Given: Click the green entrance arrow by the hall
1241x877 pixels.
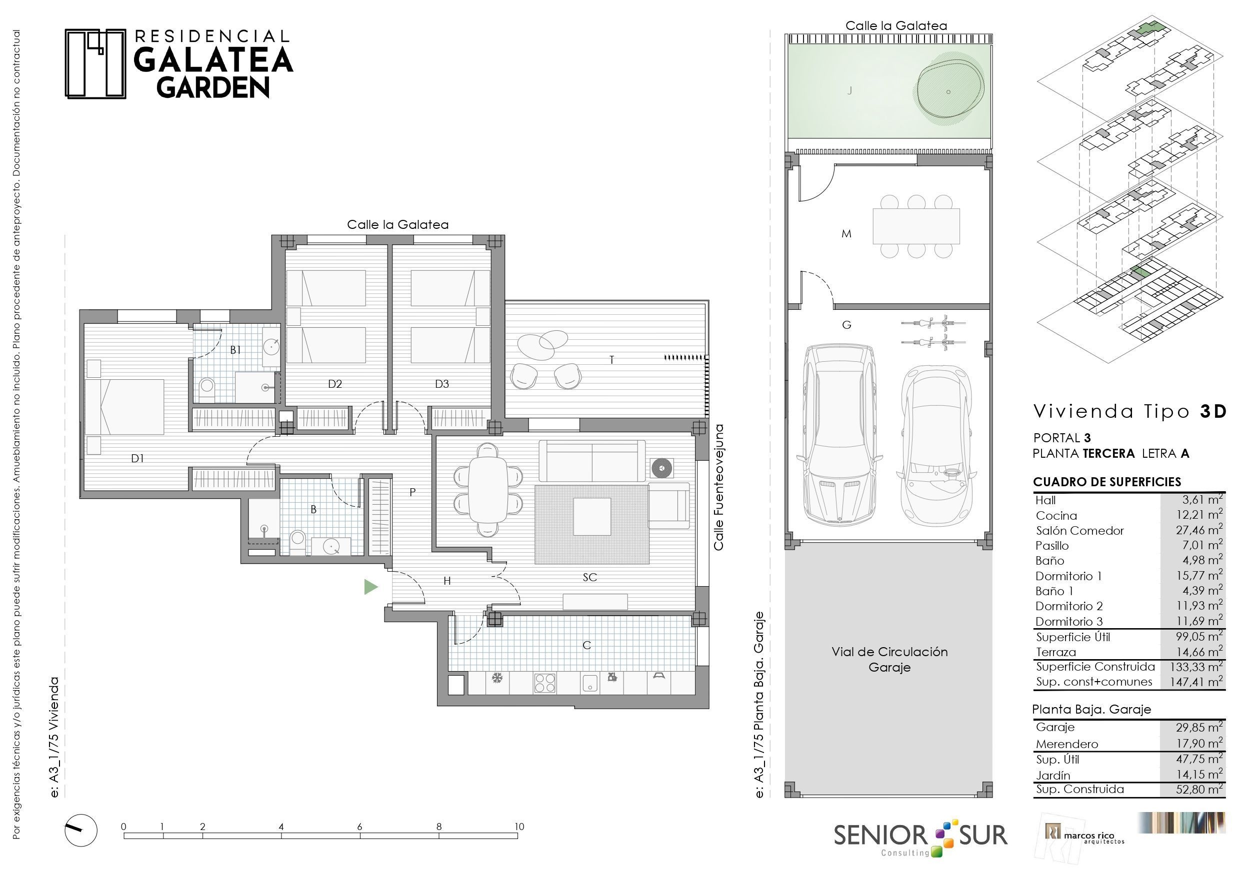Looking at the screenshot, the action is (x=370, y=586).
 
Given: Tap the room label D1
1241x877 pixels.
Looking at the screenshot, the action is (x=137, y=458).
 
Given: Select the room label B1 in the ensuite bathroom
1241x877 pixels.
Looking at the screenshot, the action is (x=235, y=350).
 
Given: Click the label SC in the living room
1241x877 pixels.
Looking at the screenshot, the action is (x=589, y=577).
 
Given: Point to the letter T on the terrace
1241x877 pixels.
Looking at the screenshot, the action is (x=611, y=359).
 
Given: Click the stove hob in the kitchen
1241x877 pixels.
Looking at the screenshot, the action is (x=545, y=683).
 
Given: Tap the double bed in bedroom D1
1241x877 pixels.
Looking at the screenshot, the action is (x=125, y=407).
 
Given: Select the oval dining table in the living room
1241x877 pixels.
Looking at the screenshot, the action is (x=487, y=490).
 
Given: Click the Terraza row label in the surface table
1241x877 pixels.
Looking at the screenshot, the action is (x=1055, y=652).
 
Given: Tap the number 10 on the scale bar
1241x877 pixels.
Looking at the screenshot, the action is (x=519, y=826).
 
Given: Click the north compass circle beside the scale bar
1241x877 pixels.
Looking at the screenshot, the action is (x=81, y=831).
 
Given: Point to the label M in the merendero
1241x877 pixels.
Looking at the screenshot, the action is (x=846, y=234).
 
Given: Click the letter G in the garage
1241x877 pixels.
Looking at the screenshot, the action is (x=846, y=325).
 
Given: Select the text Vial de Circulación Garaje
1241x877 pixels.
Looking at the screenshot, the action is (x=889, y=659).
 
